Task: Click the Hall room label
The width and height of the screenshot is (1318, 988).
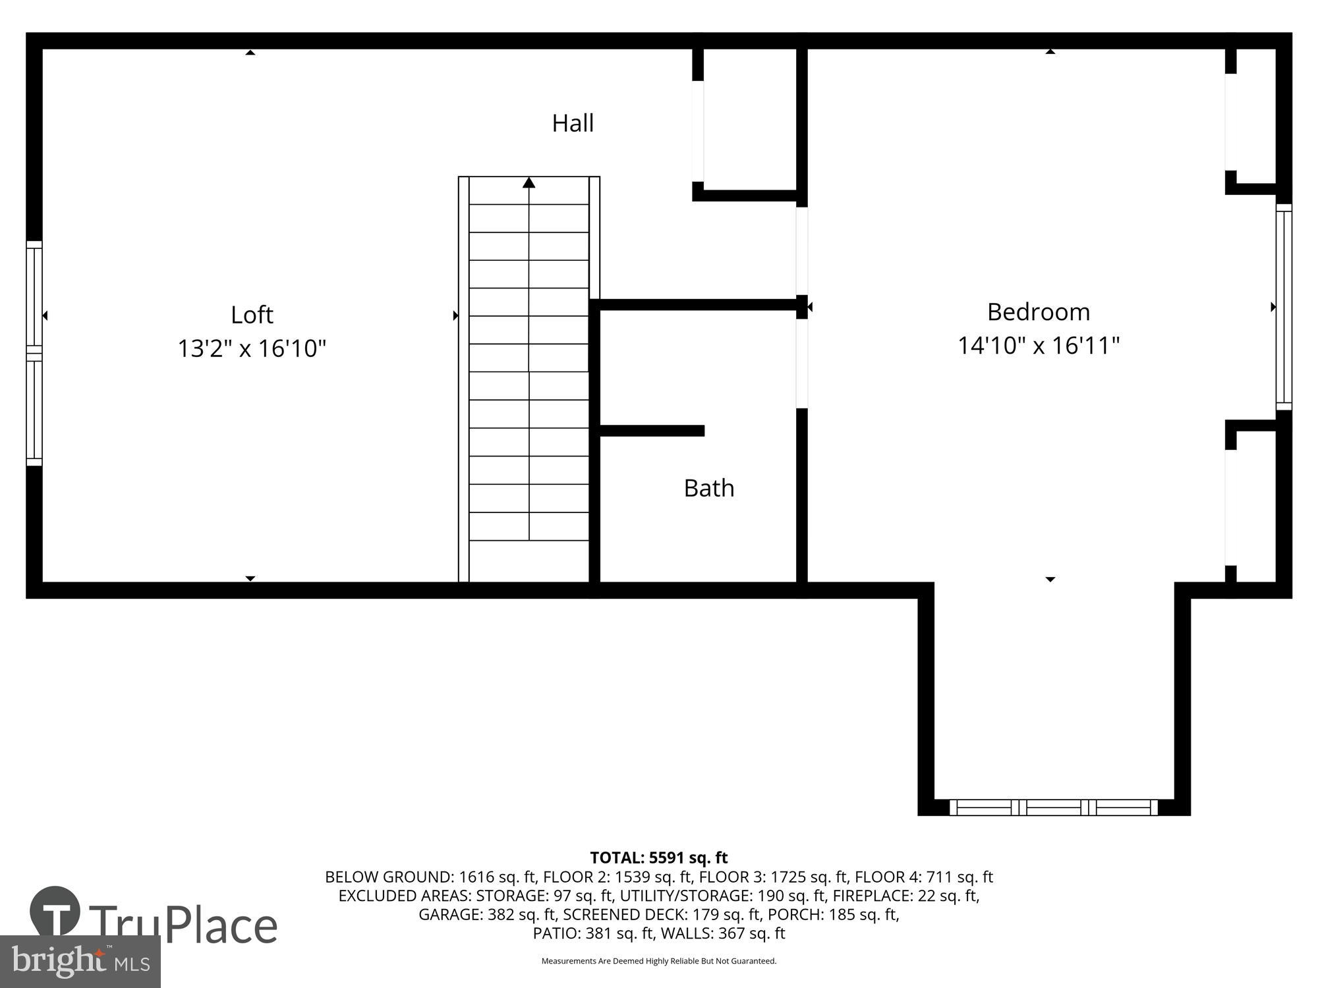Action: coord(573,123)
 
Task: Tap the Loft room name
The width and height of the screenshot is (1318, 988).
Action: coord(252,315)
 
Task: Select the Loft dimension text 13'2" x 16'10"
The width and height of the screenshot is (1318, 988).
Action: coord(252,348)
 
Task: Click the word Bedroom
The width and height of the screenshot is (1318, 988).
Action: coord(1039,312)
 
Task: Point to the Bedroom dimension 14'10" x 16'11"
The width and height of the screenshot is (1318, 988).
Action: coord(1039,346)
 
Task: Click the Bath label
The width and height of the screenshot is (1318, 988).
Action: coord(709,488)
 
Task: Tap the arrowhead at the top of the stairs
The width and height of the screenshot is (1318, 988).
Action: coord(529,182)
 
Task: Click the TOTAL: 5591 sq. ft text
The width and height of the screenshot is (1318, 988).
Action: coord(658,858)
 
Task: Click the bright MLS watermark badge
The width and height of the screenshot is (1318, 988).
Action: coord(80,962)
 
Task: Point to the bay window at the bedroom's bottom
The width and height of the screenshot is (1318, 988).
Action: coord(1053,807)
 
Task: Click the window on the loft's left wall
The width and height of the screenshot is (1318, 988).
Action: coord(34,354)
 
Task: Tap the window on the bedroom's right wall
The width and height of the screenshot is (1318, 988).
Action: coord(1284,307)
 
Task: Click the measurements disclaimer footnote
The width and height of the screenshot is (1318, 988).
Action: coord(658,961)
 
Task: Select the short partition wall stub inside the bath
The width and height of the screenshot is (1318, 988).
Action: coord(652,431)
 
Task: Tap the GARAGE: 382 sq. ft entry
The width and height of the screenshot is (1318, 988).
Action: coord(488,914)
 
